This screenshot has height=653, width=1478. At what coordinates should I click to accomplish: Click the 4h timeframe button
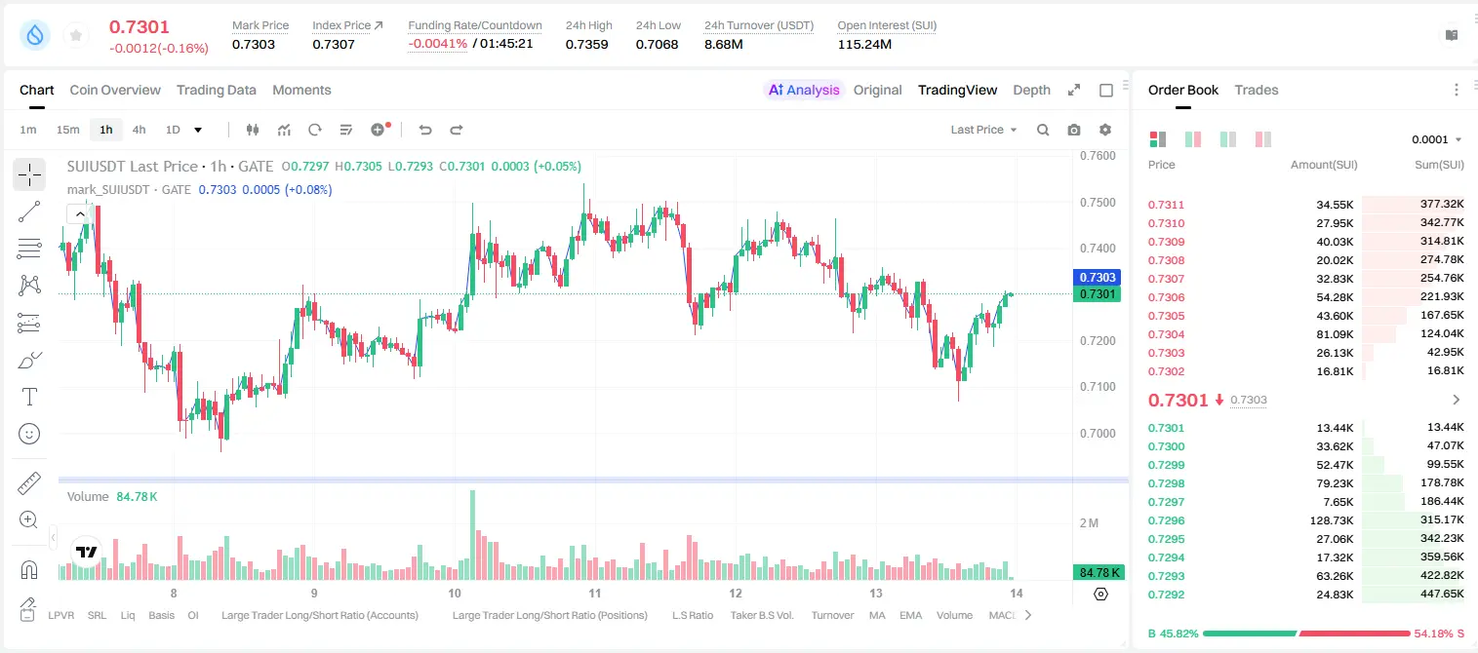tap(139, 130)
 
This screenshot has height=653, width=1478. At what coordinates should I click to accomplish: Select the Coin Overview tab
tap(115, 90)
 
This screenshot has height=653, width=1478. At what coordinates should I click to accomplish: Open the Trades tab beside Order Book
tap(1256, 90)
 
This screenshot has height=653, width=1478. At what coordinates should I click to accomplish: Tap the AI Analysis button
tap(804, 90)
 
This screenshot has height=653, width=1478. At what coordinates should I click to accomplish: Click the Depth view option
tap(1031, 90)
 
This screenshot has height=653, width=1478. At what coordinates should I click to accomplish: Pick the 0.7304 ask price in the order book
tap(1166, 334)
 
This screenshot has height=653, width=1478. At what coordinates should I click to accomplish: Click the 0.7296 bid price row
tap(1166, 520)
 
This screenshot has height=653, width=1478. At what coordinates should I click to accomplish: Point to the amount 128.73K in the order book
tap(1331, 520)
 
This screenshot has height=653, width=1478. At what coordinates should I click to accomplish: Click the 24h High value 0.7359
tap(586, 44)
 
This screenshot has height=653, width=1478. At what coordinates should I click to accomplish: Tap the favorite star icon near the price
tap(76, 35)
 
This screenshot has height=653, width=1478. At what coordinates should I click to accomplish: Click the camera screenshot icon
tap(1073, 130)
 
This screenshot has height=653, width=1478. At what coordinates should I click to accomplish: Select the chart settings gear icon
tap(1105, 130)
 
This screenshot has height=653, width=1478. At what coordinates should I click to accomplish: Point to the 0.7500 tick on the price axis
tap(1098, 203)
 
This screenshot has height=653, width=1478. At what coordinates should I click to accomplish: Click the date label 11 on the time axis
tap(594, 593)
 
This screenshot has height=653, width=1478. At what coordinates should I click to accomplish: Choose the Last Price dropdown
tap(983, 130)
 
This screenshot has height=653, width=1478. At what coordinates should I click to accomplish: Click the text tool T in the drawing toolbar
tap(29, 397)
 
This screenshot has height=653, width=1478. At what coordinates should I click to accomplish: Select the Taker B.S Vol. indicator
tap(761, 615)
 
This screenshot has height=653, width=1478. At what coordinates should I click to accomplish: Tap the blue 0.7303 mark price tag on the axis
tap(1097, 278)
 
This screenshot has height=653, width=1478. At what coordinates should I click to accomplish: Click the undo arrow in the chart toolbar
tap(425, 130)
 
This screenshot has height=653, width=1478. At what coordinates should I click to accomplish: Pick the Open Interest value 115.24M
tap(864, 44)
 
